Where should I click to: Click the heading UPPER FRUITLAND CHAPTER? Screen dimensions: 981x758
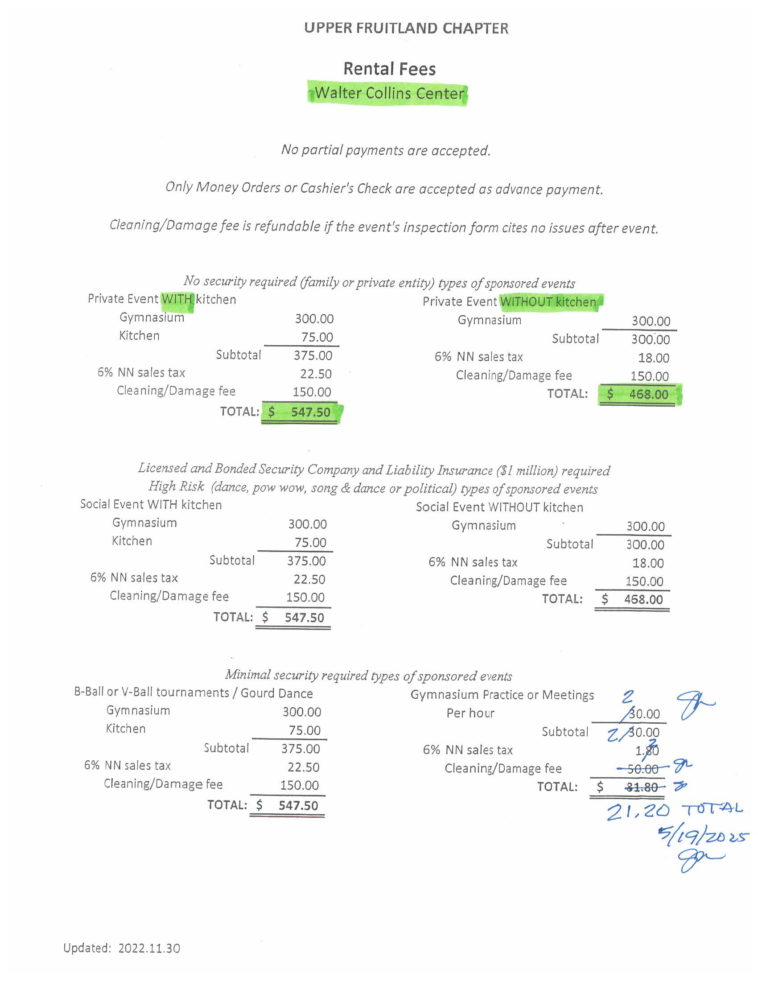click(406, 28)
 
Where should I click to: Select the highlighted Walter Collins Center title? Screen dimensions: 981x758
click(389, 93)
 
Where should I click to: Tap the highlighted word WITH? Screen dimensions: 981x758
click(177, 299)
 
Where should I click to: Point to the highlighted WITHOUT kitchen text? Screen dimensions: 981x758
click(549, 302)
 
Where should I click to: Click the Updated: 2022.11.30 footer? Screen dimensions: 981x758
click(122, 948)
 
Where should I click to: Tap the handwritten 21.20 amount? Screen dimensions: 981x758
click(638, 812)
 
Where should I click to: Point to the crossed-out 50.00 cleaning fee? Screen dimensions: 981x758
click(643, 769)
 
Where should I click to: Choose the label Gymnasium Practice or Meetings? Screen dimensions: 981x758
click(502, 695)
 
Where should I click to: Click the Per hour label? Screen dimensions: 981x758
click(470, 713)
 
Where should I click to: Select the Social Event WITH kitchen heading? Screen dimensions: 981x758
click(151, 504)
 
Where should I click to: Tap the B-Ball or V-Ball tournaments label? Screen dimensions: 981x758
click(151, 692)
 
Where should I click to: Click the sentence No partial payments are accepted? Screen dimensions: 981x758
click(386, 150)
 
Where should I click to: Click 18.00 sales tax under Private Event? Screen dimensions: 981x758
click(653, 358)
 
